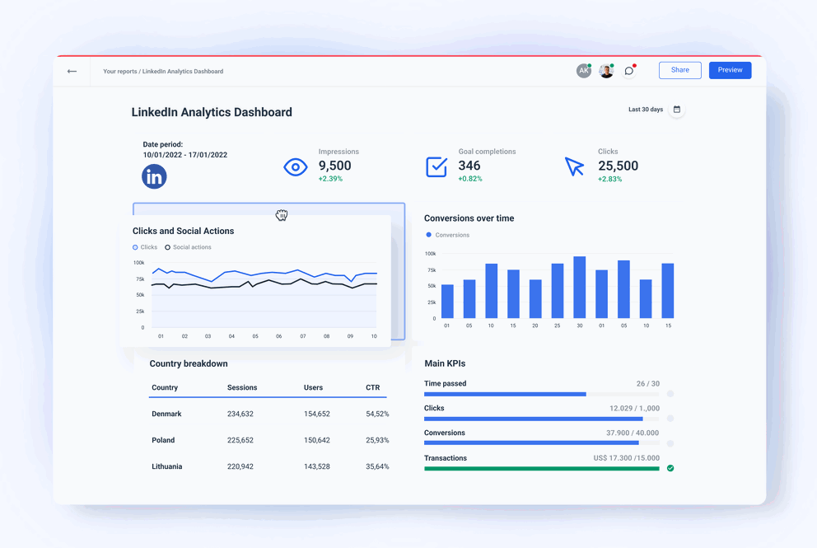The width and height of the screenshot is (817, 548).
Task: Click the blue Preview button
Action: (730, 70)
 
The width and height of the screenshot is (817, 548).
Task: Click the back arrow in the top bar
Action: (72, 72)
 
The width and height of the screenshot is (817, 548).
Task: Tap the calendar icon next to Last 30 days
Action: (677, 110)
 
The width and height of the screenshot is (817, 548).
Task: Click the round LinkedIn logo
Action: (154, 176)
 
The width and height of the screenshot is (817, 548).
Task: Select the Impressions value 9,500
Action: (335, 166)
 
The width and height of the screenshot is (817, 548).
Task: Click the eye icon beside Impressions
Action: (296, 167)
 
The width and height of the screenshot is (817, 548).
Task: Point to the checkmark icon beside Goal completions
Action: (437, 166)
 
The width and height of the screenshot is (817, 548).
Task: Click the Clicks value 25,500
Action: (618, 166)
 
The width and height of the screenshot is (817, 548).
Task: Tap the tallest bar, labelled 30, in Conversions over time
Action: (579, 288)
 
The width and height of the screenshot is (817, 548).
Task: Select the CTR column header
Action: (372, 387)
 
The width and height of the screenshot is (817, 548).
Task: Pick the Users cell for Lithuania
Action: (316, 466)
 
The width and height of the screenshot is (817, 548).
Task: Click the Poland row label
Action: (163, 440)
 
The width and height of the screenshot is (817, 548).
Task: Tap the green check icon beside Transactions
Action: (670, 468)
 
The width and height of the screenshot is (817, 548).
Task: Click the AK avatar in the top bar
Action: (583, 71)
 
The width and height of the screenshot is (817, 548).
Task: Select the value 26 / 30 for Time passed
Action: (647, 384)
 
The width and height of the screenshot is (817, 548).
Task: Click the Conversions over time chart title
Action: (469, 218)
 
